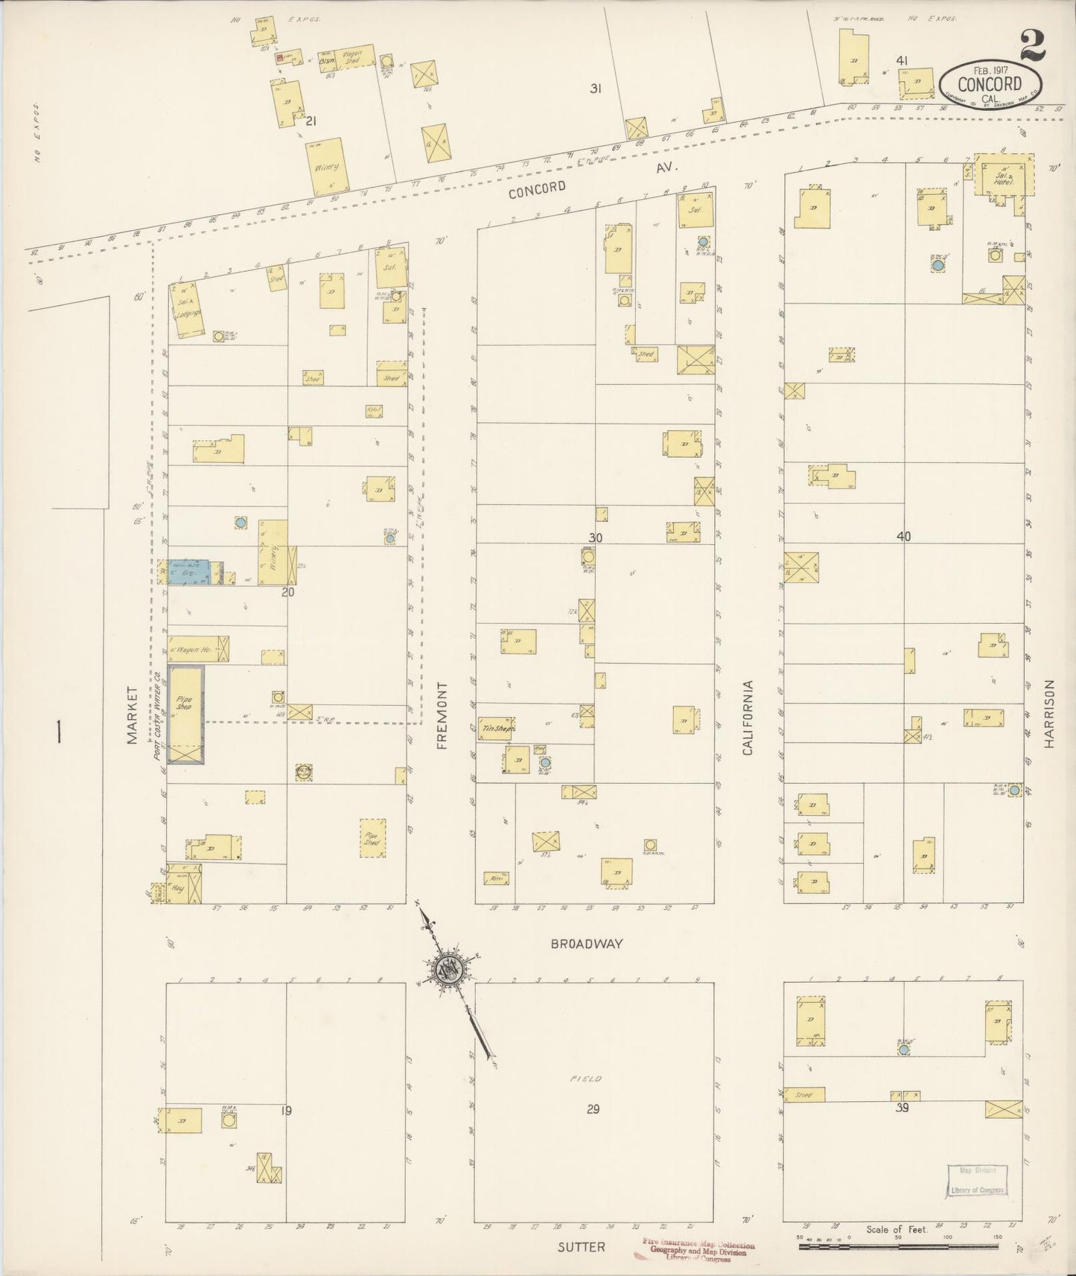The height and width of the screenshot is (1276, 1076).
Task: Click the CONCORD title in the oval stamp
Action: point(990,83)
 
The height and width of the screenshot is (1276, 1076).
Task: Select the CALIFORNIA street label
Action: point(748,717)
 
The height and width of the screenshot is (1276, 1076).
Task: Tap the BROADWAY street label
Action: point(587,943)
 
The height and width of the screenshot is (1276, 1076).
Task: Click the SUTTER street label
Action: point(581,1246)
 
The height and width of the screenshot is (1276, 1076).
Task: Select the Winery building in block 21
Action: point(327,166)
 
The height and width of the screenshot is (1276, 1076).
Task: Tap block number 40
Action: point(903,536)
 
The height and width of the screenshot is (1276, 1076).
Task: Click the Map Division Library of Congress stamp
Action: point(977,1181)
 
